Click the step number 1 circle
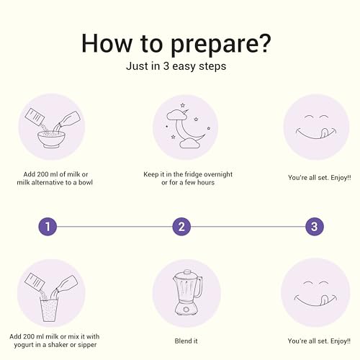point(47,227)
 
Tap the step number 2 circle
point(181,227)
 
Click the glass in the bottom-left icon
point(41,302)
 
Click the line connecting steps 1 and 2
point(114,227)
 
